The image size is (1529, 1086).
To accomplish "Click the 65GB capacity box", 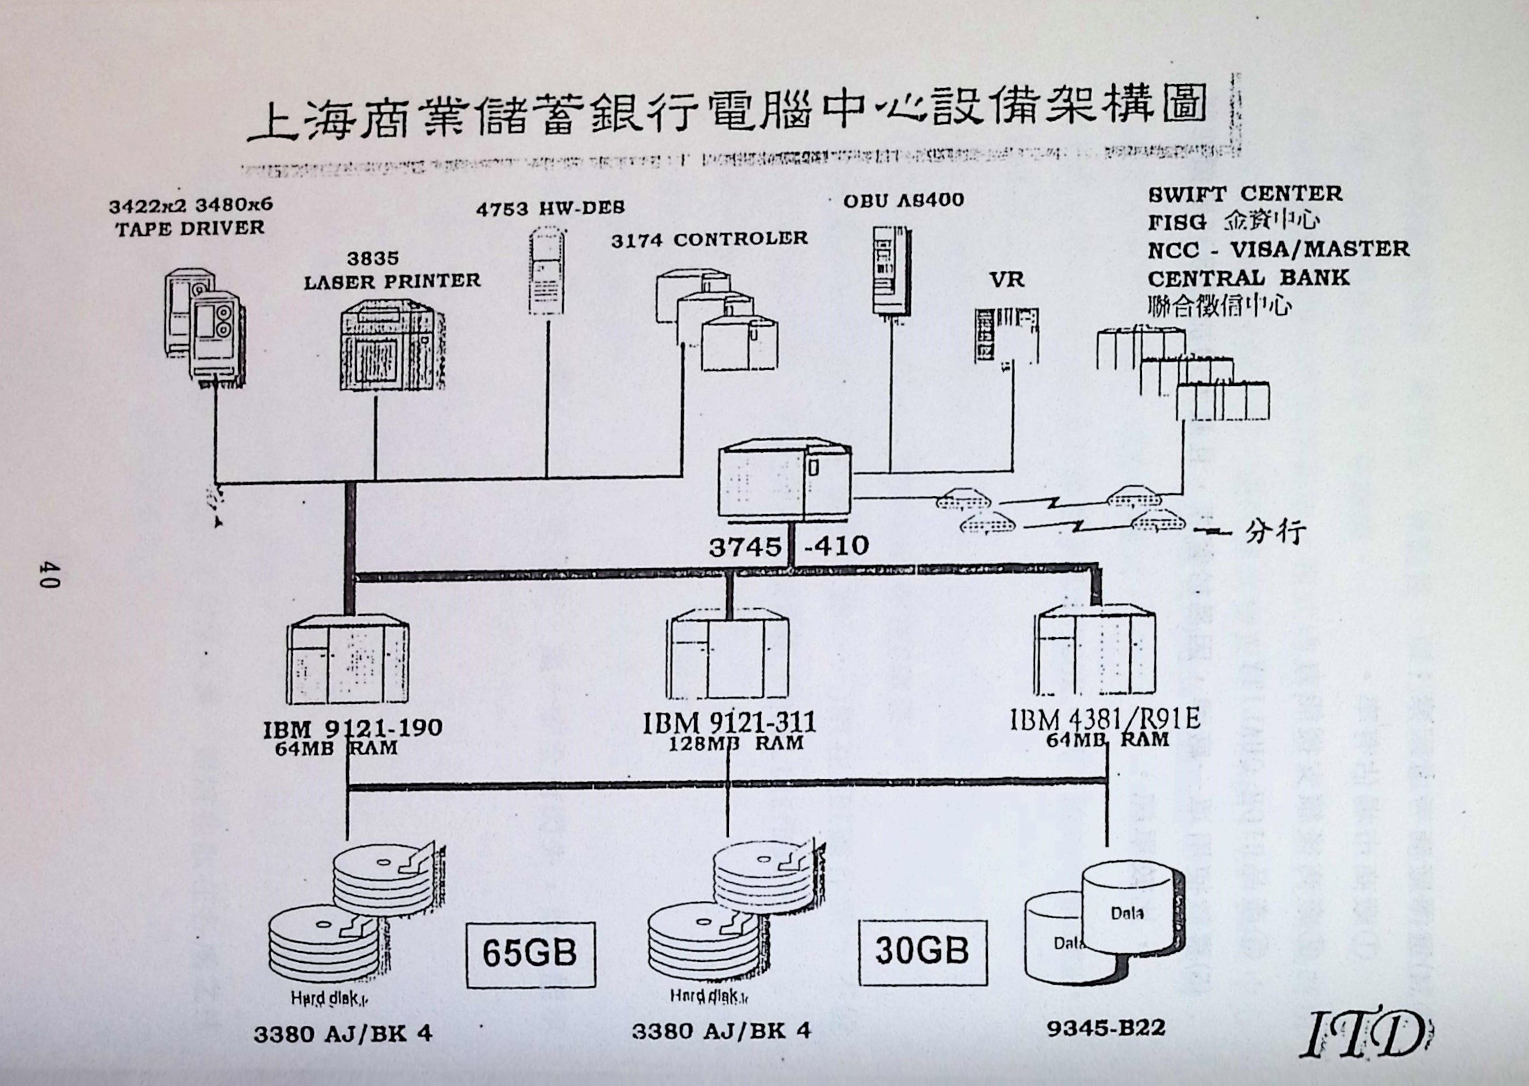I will tap(530, 954).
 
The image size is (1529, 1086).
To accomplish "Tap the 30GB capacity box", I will tap(922, 952).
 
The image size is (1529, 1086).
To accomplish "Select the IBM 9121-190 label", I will tap(353, 728).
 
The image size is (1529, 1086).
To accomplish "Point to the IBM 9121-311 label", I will tap(729, 723).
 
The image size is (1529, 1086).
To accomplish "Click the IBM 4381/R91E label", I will tap(1105, 718).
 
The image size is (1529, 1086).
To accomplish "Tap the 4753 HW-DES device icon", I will tap(548, 271).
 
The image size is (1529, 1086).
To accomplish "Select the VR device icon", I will tap(1006, 336).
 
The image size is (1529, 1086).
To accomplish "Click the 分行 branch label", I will tap(1276, 532).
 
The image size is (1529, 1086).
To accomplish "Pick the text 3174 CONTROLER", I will tap(709, 239).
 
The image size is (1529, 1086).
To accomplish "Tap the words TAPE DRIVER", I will tap(190, 228).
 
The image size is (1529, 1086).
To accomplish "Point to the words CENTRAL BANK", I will tap(1248, 277).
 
